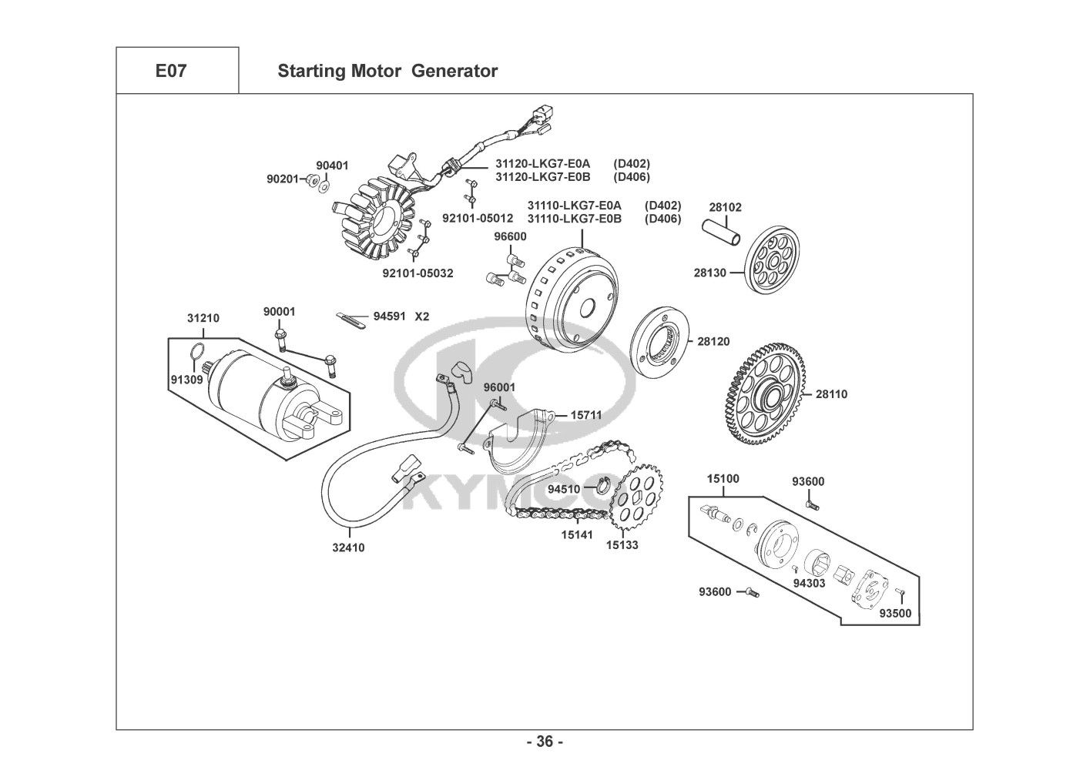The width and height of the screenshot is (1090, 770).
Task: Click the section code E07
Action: [171, 72]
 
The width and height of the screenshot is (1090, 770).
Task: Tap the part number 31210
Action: [203, 318]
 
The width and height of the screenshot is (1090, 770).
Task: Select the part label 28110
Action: [831, 394]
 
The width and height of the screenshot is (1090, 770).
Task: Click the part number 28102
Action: [725, 208]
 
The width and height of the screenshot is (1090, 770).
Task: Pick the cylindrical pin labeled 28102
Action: [723, 231]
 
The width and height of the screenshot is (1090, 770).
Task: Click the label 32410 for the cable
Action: [348, 548]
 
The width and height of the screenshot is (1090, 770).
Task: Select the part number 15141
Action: [577, 534]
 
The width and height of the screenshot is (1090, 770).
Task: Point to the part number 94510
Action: [564, 489]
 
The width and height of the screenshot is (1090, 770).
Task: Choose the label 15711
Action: [586, 415]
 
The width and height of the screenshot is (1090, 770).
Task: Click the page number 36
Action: [545, 742]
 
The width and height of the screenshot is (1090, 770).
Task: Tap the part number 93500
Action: [895, 614]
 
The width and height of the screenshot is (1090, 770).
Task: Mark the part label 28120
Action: [713, 341]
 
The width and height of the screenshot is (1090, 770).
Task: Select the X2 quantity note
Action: [422, 316]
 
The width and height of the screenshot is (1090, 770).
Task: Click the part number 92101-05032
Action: [418, 273]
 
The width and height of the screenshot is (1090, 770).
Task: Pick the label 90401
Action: [332, 166]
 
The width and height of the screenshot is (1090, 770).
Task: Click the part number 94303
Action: [809, 583]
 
